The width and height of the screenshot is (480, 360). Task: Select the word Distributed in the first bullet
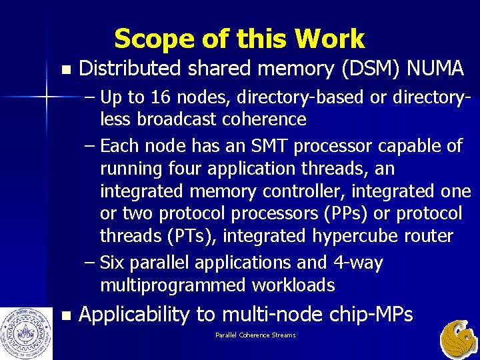pyautogui.click(x=130, y=68)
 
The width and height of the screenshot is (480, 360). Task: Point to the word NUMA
pyautogui.click(x=434, y=68)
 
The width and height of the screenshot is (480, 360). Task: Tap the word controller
pyautogui.click(x=300, y=191)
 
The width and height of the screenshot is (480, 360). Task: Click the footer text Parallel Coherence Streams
pyautogui.click(x=255, y=335)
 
